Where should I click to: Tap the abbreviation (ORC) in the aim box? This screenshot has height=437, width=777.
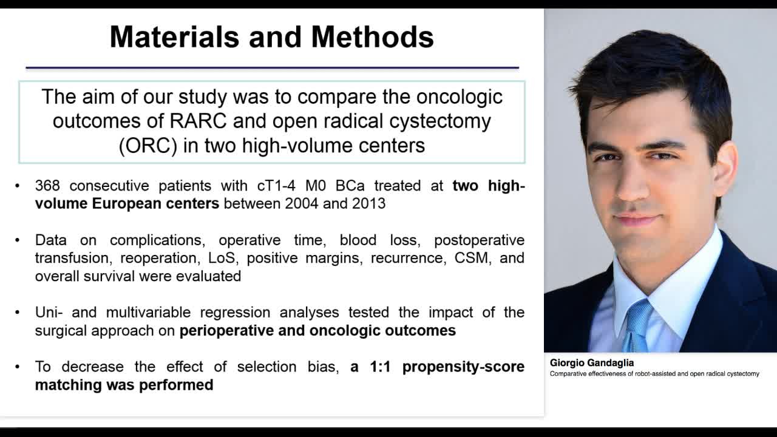click(x=148, y=146)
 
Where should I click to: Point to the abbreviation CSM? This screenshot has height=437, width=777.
click(x=471, y=258)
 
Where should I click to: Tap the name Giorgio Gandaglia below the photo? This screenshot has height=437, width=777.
click(x=591, y=363)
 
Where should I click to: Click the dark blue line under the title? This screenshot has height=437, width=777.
click(x=272, y=67)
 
